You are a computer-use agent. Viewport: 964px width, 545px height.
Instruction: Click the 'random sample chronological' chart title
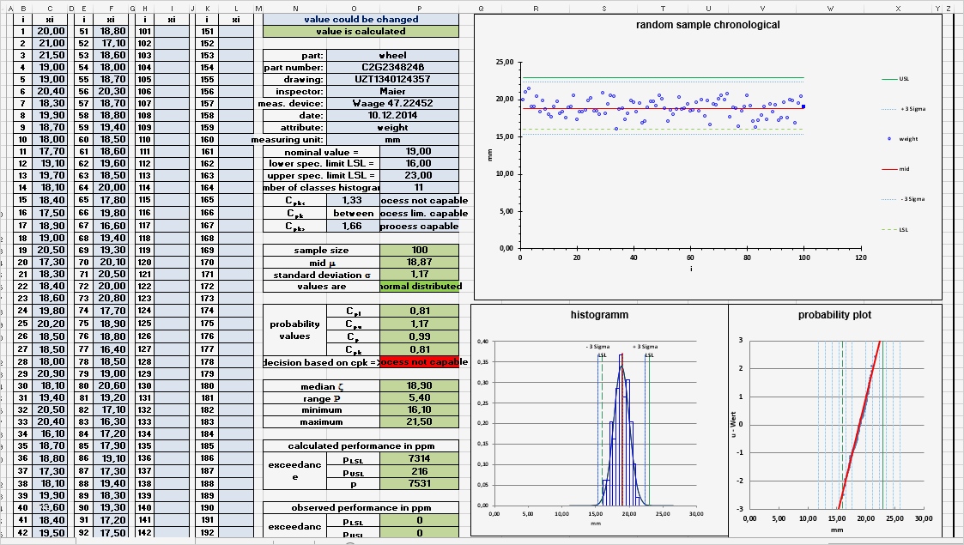click(x=707, y=25)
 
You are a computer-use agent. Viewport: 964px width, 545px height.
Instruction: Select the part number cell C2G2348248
click(x=392, y=67)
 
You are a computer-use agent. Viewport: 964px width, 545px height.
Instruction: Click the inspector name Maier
click(x=392, y=91)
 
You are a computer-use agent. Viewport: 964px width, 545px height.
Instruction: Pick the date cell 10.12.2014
click(x=392, y=115)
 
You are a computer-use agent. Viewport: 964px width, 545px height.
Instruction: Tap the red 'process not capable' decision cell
click(x=419, y=362)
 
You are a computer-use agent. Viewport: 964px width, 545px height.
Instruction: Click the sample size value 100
click(x=419, y=251)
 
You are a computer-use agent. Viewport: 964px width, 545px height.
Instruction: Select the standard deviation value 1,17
click(x=419, y=275)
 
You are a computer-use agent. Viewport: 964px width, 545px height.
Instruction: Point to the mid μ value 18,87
click(x=419, y=263)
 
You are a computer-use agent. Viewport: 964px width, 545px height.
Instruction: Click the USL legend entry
click(x=904, y=78)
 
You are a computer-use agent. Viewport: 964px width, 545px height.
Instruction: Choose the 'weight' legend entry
click(x=908, y=138)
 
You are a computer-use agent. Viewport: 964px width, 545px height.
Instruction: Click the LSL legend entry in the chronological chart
click(x=904, y=229)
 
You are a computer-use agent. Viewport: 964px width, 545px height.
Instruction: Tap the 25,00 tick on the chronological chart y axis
click(x=505, y=64)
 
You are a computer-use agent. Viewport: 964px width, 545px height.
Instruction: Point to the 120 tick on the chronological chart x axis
click(x=859, y=257)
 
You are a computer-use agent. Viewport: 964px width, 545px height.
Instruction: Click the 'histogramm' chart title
click(x=599, y=315)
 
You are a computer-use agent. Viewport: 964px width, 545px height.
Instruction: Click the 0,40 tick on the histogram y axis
click(x=483, y=342)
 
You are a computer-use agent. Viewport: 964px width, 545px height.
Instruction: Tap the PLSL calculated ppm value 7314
click(x=419, y=460)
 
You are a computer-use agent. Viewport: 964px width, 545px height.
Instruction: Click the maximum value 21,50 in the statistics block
click(x=419, y=422)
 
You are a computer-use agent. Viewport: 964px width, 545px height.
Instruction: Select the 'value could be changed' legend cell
click(x=361, y=19)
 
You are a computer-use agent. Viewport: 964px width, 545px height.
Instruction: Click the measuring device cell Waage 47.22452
click(x=392, y=103)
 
